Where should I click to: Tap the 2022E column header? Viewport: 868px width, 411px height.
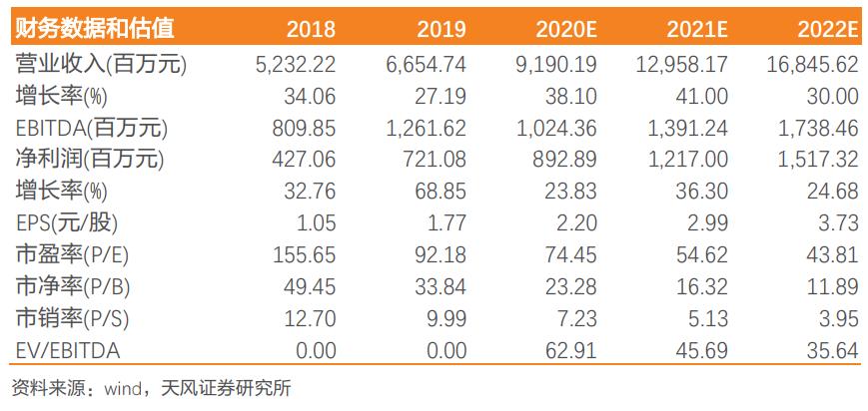827,29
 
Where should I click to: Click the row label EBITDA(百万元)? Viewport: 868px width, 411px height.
92,129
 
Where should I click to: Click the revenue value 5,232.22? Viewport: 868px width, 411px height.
296,65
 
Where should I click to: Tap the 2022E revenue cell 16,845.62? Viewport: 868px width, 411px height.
814,65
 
